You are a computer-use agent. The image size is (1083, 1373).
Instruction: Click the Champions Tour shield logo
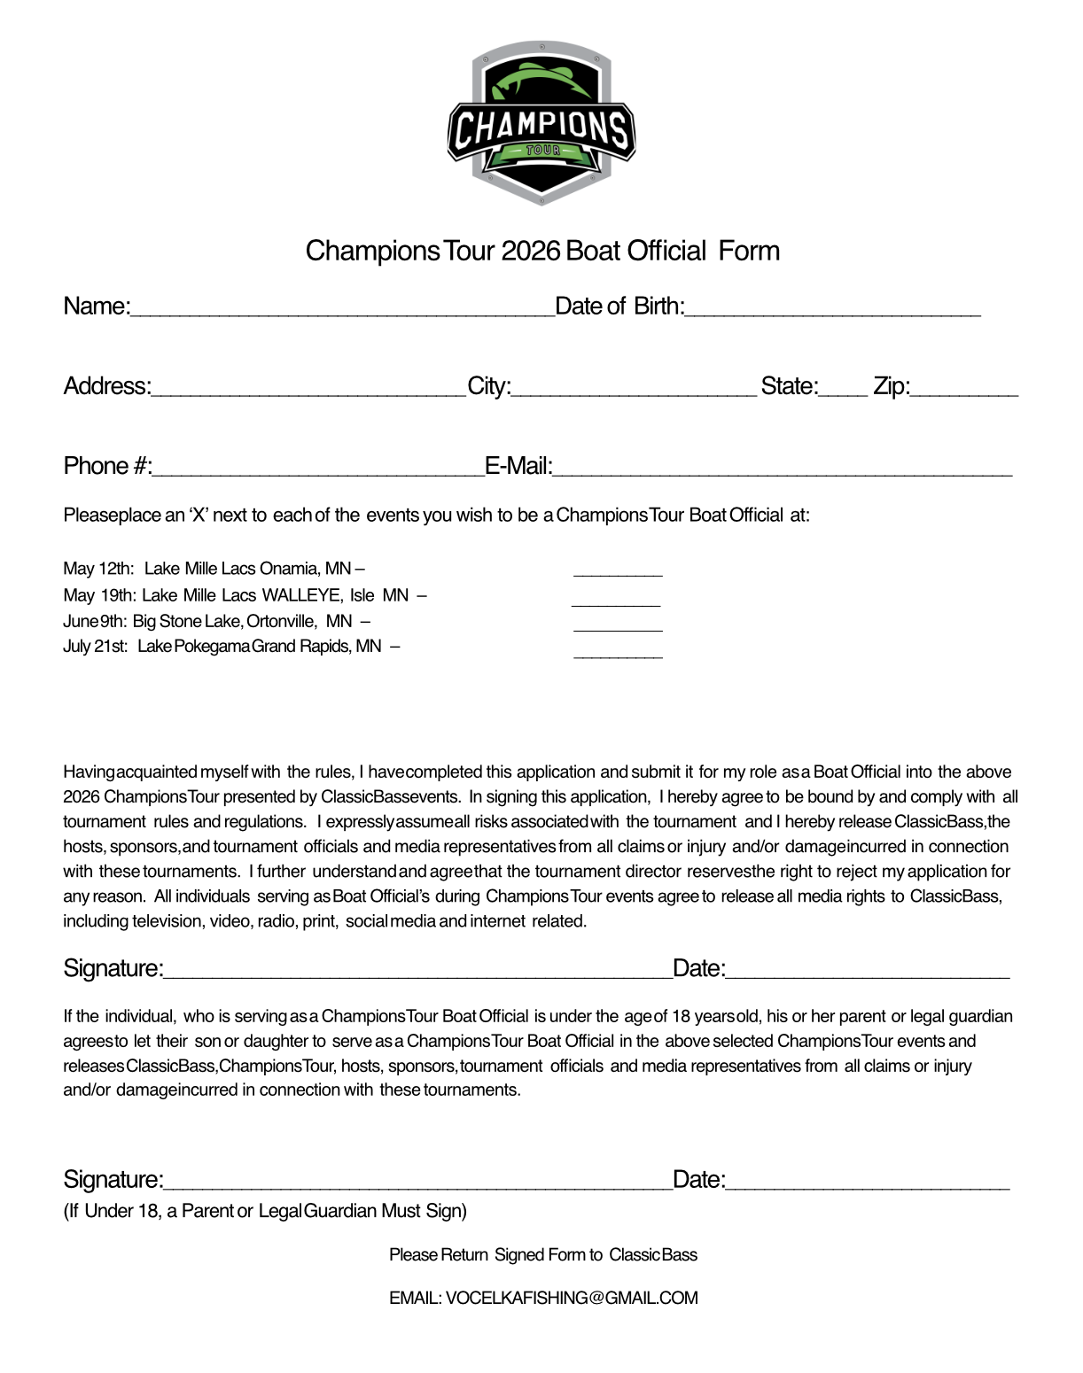pos(541,122)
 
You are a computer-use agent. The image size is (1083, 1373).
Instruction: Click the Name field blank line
pos(342,310)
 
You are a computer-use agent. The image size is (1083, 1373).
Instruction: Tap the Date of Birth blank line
pos(832,310)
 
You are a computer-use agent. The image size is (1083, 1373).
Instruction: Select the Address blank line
pos(308,391)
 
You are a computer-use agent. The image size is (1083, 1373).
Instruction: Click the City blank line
pos(635,391)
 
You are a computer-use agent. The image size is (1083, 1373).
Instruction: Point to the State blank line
pos(843,391)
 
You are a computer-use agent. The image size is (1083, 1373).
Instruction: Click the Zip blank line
pos(964,391)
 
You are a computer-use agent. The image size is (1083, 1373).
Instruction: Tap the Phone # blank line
pos(318,470)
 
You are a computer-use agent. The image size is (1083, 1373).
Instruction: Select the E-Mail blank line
pos(783,470)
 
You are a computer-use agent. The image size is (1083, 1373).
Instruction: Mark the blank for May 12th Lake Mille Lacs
pos(618,571)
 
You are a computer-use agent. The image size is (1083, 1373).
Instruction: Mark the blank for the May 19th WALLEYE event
pos(616,601)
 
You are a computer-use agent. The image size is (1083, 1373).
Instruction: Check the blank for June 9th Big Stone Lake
pos(618,626)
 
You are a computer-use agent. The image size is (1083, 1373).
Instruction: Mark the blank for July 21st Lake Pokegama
pos(618,653)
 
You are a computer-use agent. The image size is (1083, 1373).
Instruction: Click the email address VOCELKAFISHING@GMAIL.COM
pos(572,1298)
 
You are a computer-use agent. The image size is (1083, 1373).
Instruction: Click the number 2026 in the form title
pos(530,252)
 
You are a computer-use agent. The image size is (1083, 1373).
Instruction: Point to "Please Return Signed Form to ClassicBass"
pos(542,1255)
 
